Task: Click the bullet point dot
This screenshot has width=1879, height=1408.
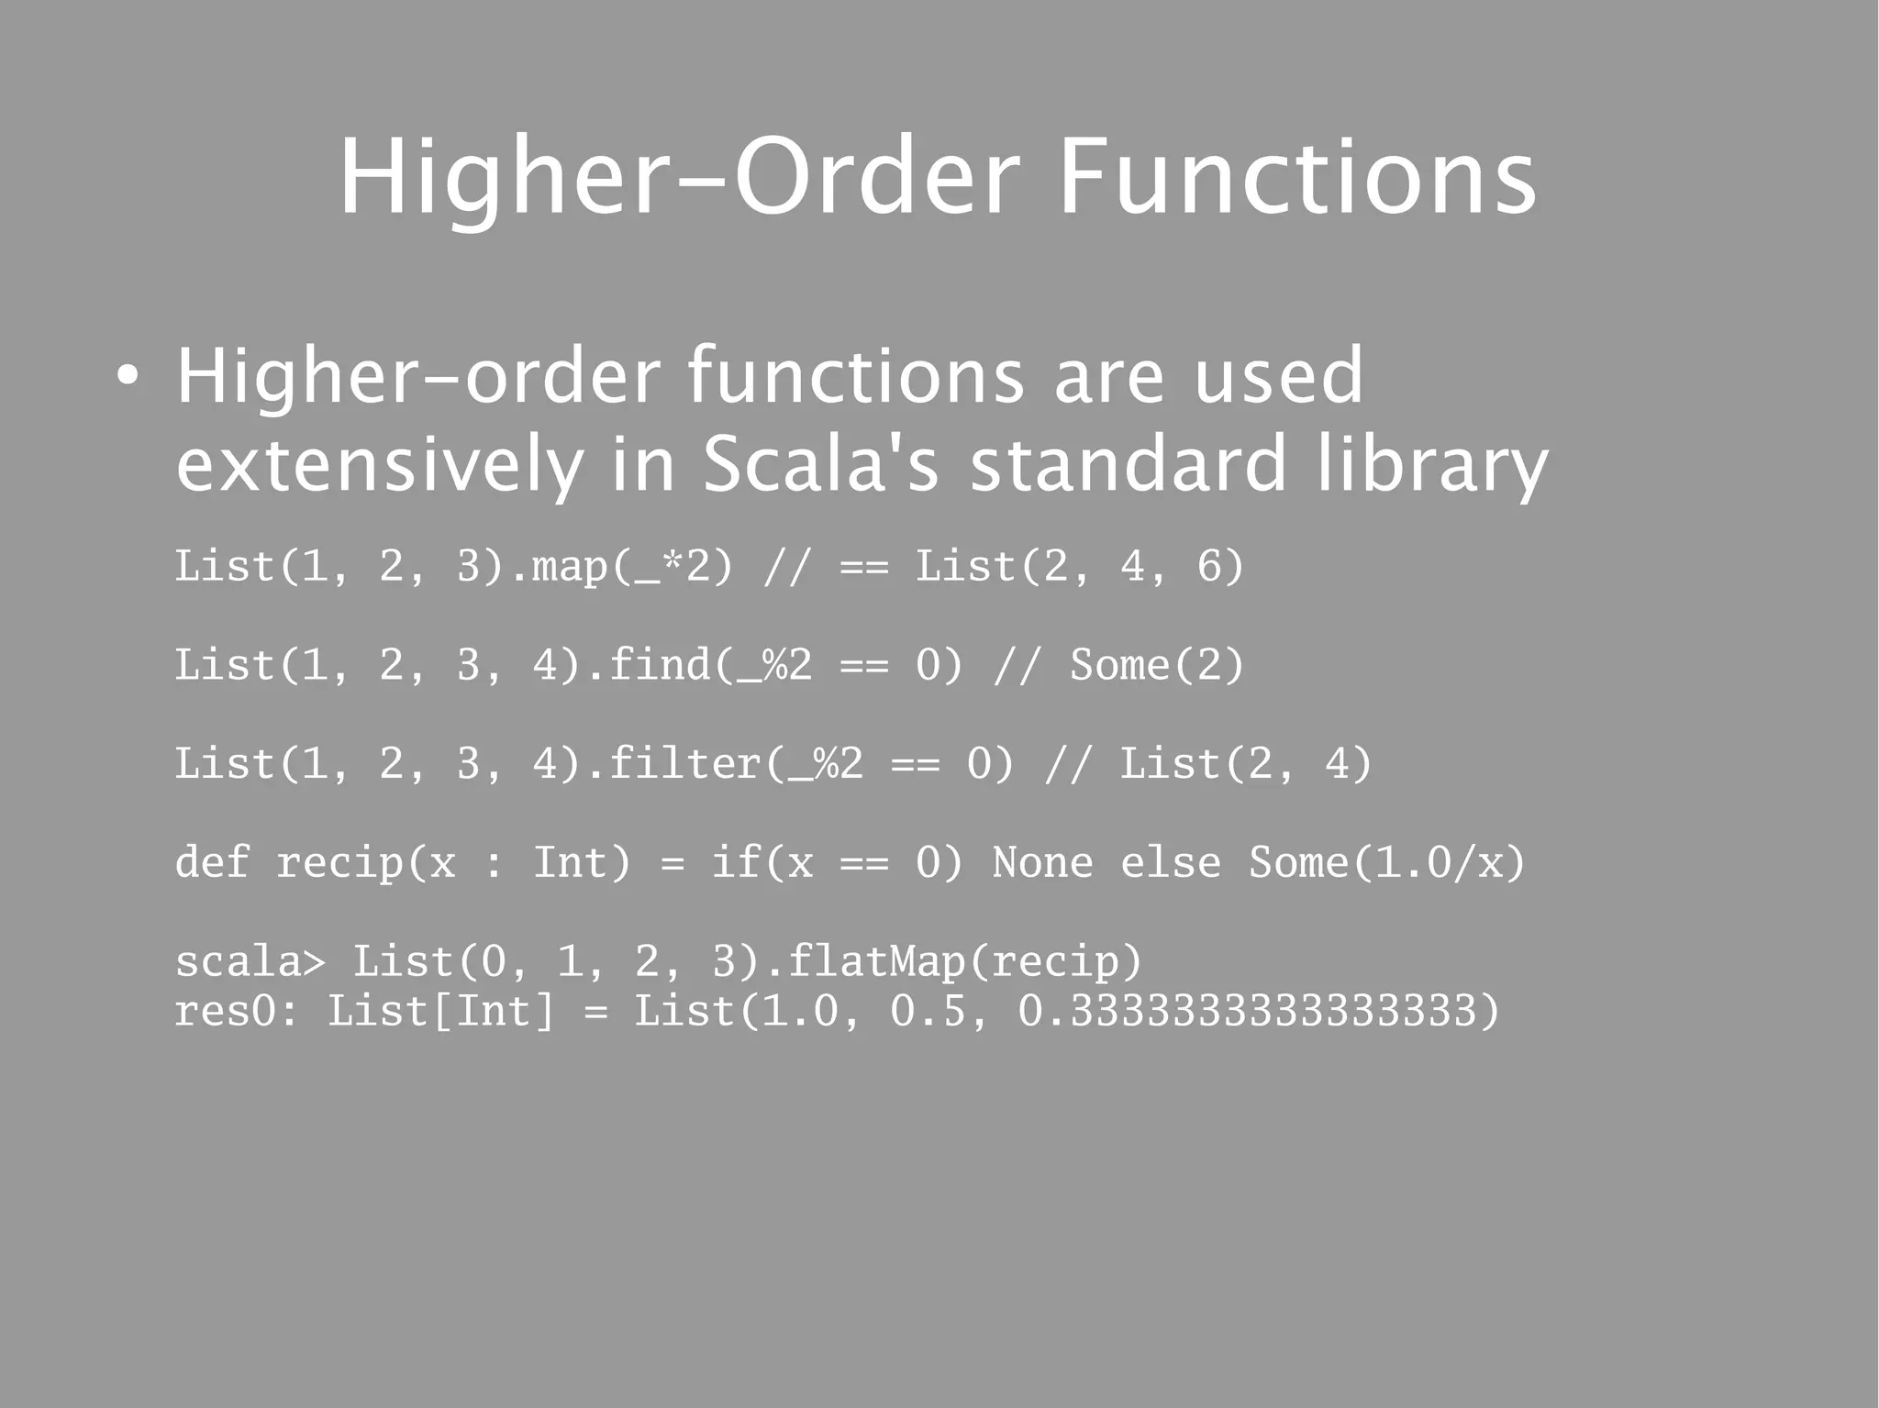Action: [128, 377]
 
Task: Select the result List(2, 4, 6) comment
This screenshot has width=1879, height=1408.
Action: [1080, 567]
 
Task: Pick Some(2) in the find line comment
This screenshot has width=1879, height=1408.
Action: [1157, 665]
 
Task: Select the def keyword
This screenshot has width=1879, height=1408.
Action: [212, 862]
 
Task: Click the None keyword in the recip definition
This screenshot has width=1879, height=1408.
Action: [1042, 862]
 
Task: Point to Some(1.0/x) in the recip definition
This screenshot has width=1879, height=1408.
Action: [1386, 862]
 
